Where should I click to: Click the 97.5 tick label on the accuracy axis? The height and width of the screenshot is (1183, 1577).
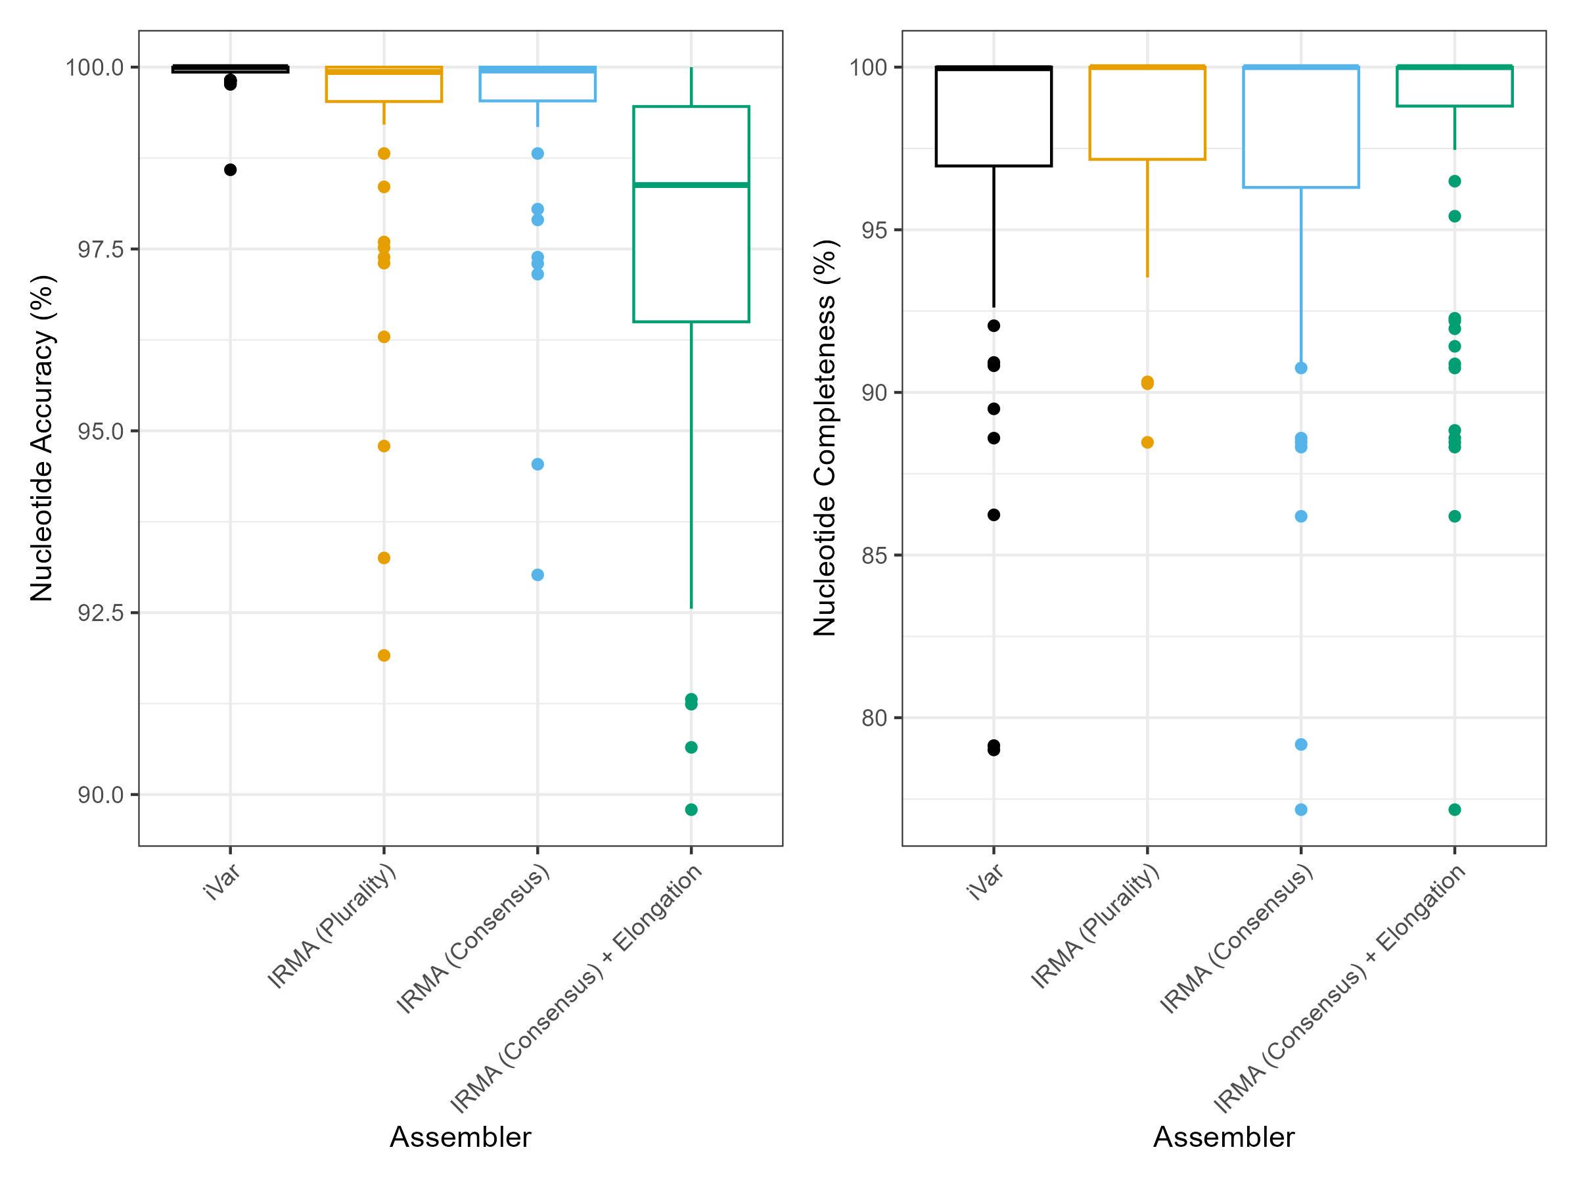click(x=101, y=250)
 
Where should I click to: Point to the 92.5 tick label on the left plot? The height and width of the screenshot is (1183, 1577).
click(x=101, y=613)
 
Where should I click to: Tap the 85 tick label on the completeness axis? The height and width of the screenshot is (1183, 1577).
click(x=874, y=555)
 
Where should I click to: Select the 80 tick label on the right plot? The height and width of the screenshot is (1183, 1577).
click(x=874, y=718)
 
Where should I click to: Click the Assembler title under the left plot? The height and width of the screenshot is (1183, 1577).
click(x=460, y=1136)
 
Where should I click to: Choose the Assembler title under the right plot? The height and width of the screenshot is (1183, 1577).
click(x=1223, y=1136)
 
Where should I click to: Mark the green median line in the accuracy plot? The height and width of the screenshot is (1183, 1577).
click(x=691, y=185)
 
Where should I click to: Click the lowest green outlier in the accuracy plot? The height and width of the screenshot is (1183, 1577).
click(x=691, y=809)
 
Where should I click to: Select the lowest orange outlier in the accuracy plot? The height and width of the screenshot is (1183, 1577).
click(x=384, y=655)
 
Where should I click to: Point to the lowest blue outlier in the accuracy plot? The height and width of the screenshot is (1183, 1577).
click(x=537, y=575)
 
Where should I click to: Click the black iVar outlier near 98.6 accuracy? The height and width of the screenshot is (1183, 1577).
click(x=230, y=170)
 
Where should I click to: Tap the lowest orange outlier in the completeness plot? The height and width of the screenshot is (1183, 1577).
click(x=1147, y=442)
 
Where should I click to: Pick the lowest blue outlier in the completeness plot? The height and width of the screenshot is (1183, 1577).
click(x=1301, y=809)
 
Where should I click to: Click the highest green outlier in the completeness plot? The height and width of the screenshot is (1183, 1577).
click(x=1454, y=181)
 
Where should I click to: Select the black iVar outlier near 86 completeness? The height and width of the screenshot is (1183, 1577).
click(x=994, y=515)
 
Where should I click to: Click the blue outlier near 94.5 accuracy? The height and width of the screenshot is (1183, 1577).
click(x=537, y=464)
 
